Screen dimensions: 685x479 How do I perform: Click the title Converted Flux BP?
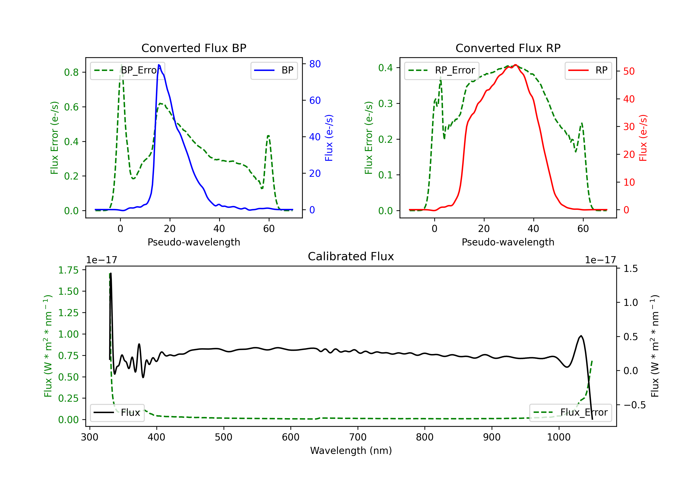pos(194,48)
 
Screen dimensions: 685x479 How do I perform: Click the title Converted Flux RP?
pos(508,48)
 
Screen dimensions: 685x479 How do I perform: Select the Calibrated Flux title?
pos(351,256)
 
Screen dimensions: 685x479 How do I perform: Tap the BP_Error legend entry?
pos(127,70)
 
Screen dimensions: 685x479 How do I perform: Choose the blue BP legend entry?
pos(274,70)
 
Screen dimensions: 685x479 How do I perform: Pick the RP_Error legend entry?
pos(442,70)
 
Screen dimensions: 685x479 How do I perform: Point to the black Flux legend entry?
pos(117,413)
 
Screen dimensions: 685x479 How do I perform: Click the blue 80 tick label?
pos(315,64)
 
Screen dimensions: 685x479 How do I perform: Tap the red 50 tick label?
pos(629,71)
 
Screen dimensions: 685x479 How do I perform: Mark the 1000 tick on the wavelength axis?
pos(559,437)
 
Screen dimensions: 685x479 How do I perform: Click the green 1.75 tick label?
pos(68,270)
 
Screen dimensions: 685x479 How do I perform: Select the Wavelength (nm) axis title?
pos(351,451)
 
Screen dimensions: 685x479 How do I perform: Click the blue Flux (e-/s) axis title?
pos(329,138)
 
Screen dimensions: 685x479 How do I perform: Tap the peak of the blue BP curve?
pos(159,65)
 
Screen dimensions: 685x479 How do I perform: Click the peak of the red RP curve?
pos(515,65)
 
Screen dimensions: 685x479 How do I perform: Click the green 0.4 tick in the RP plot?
pos(385,68)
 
